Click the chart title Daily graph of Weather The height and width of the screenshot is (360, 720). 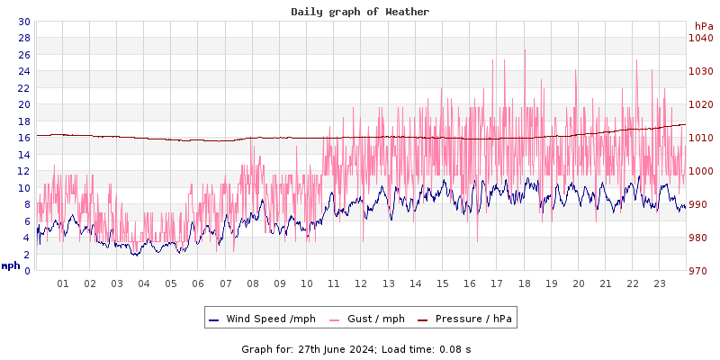point(360,12)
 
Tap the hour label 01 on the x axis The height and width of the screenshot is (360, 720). point(63,283)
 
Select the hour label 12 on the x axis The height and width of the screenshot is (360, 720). point(361,283)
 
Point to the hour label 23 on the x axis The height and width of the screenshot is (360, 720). point(659,283)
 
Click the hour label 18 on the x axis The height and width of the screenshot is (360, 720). point(524,283)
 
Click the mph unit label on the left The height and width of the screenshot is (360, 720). point(11,265)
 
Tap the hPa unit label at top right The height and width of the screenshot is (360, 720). point(703,26)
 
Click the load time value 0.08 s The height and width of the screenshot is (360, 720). point(451,348)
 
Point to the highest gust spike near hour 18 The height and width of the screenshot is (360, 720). point(524,50)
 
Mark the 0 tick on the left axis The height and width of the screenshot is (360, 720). point(27,271)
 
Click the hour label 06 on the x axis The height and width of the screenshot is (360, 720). point(198,283)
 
